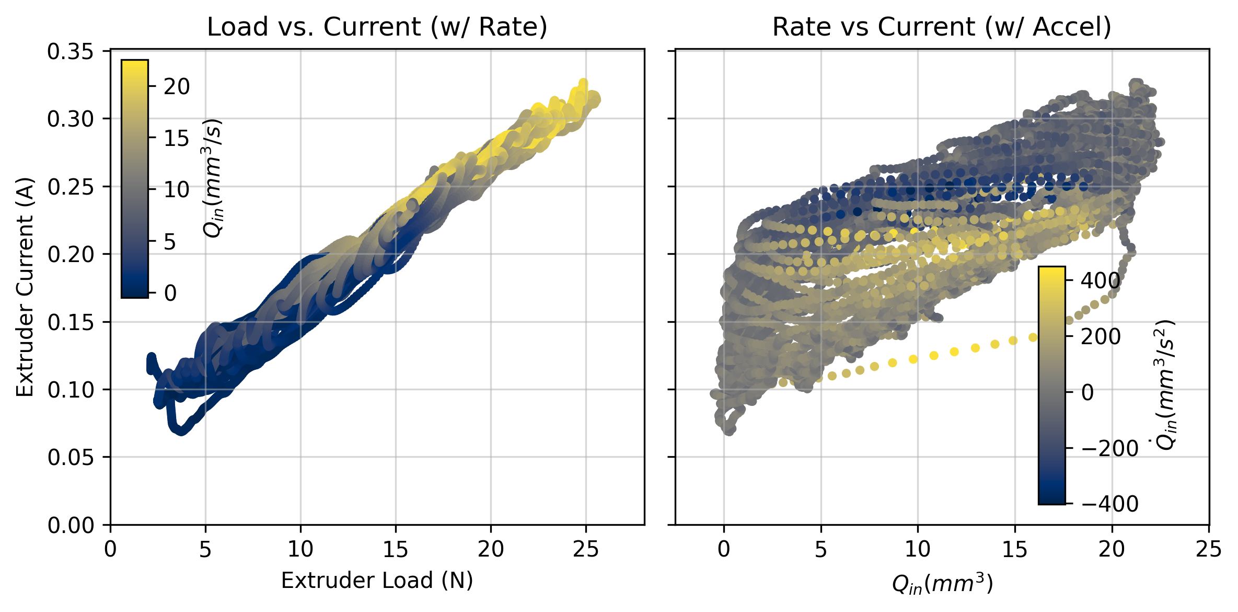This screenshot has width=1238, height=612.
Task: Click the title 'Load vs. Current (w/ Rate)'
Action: pos(377,27)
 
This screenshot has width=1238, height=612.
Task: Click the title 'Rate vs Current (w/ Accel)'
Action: pos(942,27)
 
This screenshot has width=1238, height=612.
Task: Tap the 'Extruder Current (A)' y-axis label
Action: pos(25,287)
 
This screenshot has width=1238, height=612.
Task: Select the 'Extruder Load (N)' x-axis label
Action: pos(377,581)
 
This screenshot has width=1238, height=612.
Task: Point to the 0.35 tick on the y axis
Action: pos(71,52)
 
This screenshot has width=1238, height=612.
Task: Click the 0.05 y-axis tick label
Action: pos(71,458)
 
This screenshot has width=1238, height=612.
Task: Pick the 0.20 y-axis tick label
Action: pos(71,255)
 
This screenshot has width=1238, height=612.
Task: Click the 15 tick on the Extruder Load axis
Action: pos(396,549)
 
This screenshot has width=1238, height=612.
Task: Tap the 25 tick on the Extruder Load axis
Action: pos(586,549)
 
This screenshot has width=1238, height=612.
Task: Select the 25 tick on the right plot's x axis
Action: pos(1209,549)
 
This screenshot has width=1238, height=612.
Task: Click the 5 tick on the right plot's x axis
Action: pos(821,549)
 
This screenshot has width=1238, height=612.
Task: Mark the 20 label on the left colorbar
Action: pos(177,87)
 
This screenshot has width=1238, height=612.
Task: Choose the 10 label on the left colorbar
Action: pos(177,189)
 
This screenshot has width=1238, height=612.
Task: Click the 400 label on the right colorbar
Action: pos(1101,281)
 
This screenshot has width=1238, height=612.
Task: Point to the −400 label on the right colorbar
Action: pos(1109,504)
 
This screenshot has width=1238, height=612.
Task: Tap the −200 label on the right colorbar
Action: pos(1109,448)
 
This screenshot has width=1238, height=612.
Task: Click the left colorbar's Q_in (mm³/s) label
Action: pos(212,178)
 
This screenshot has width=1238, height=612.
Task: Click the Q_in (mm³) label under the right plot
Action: pos(942,583)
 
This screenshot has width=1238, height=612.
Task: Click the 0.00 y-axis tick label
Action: pos(71,525)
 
